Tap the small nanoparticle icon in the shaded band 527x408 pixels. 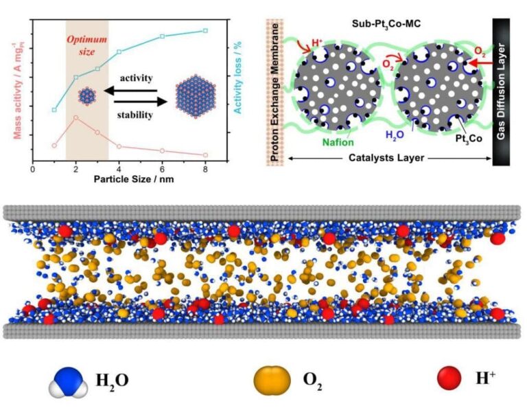87,96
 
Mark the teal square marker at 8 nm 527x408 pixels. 205,30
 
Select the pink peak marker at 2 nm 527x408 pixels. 75,117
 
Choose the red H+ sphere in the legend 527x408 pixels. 448,377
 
